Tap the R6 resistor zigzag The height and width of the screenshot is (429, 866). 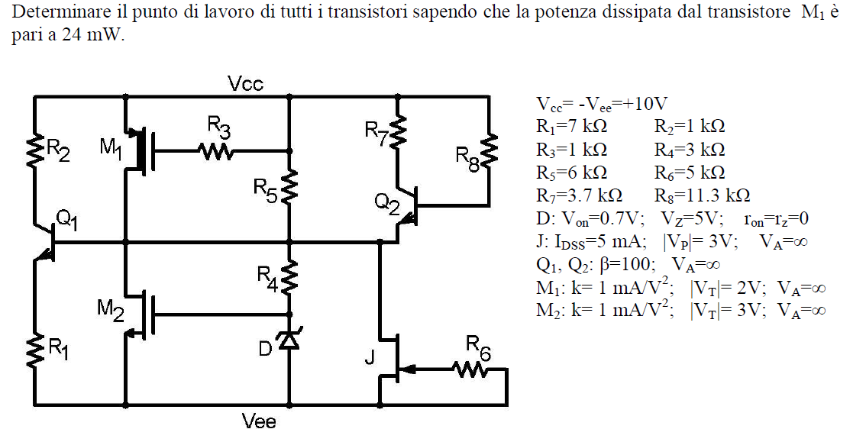pyautogui.click(x=470, y=370)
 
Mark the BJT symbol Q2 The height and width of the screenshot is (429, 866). pyautogui.click(x=407, y=206)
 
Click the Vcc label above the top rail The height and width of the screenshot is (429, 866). pyautogui.click(x=246, y=84)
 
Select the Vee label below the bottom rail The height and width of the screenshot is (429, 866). pyautogui.click(x=259, y=421)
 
